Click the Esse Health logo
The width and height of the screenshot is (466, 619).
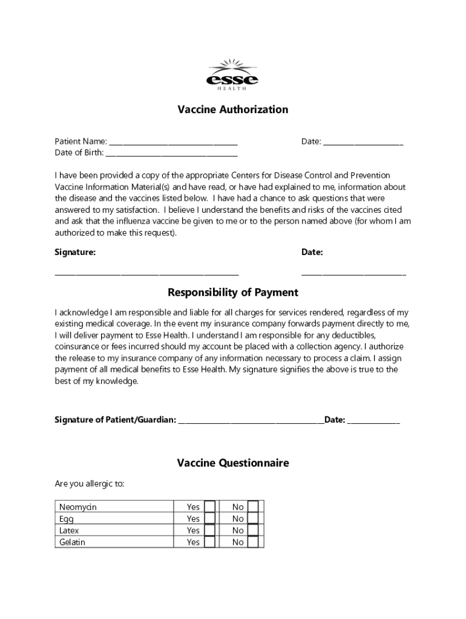pyautogui.click(x=232, y=75)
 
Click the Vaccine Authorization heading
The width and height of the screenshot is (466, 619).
pyautogui.click(x=232, y=109)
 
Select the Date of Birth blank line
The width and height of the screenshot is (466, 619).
pyautogui.click(x=172, y=154)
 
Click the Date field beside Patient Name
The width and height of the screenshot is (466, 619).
pyautogui.click(x=363, y=143)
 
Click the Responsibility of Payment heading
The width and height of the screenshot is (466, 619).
pyautogui.click(x=232, y=293)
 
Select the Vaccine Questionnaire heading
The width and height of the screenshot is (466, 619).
pyautogui.click(x=232, y=463)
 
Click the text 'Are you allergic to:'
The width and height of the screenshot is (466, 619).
pyautogui.click(x=90, y=484)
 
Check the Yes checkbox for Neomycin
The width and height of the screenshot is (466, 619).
pyautogui.click(x=209, y=507)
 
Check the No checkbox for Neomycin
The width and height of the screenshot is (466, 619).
pyautogui.click(x=253, y=507)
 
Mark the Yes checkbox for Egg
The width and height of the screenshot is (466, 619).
pyautogui.click(x=209, y=519)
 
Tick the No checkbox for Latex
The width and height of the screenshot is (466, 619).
pyautogui.click(x=253, y=530)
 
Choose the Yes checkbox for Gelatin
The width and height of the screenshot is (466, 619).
pyautogui.click(x=209, y=542)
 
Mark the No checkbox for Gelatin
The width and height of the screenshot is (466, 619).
pyautogui.click(x=253, y=542)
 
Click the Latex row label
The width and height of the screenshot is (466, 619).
pyautogui.click(x=70, y=530)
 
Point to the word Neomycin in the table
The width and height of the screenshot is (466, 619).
pyautogui.click(x=77, y=507)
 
